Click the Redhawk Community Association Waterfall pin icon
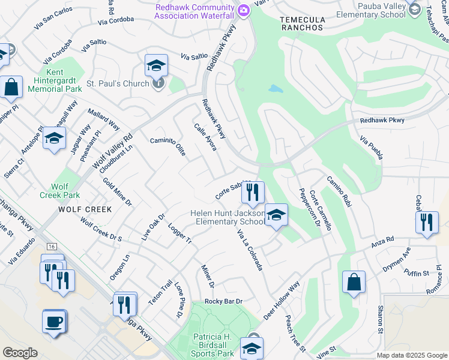(x=243, y=10)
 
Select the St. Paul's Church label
(x=118, y=83)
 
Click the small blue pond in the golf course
(x=276, y=89)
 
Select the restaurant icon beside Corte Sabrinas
(x=253, y=192)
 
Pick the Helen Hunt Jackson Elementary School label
(x=228, y=217)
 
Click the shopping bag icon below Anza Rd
(x=354, y=283)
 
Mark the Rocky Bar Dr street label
(x=223, y=301)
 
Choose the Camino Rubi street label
(x=337, y=191)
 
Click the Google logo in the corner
(x=20, y=352)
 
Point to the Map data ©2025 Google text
(x=412, y=355)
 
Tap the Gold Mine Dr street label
(x=117, y=192)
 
